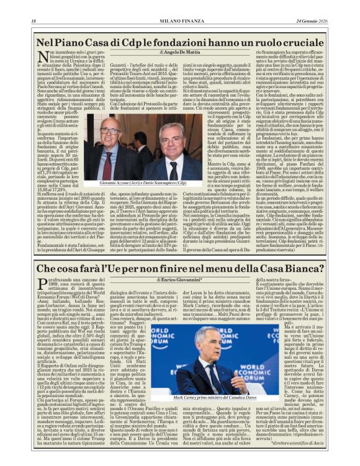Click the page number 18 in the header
[34, 22]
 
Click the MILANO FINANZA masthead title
[179, 22]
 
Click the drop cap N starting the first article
[42, 60]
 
